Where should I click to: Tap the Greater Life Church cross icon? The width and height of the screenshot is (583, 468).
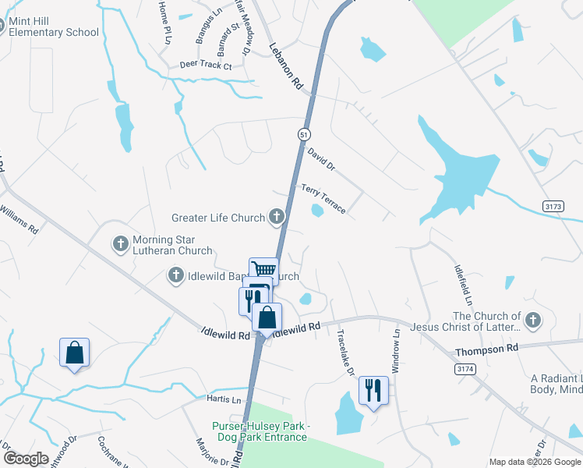tap(277, 218)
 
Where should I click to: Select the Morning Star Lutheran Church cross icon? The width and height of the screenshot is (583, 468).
tap(121, 245)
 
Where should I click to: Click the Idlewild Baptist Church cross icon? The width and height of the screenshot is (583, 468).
tap(176, 275)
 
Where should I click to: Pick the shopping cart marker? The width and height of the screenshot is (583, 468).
tap(263, 269)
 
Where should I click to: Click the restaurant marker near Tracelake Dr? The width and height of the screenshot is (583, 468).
tap(373, 389)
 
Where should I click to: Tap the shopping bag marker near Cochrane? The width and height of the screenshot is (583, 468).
tap(74, 353)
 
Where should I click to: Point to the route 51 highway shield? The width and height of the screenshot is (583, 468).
tap(304, 134)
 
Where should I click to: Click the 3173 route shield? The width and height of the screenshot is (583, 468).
tap(553, 205)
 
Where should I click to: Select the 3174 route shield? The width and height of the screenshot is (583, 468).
tap(465, 368)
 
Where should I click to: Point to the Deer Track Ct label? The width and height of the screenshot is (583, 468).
tap(206, 66)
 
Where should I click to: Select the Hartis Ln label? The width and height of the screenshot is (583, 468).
tap(218, 399)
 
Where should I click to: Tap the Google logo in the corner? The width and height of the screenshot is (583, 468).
tap(25, 459)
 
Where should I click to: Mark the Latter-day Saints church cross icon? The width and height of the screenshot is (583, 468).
tap(532, 321)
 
